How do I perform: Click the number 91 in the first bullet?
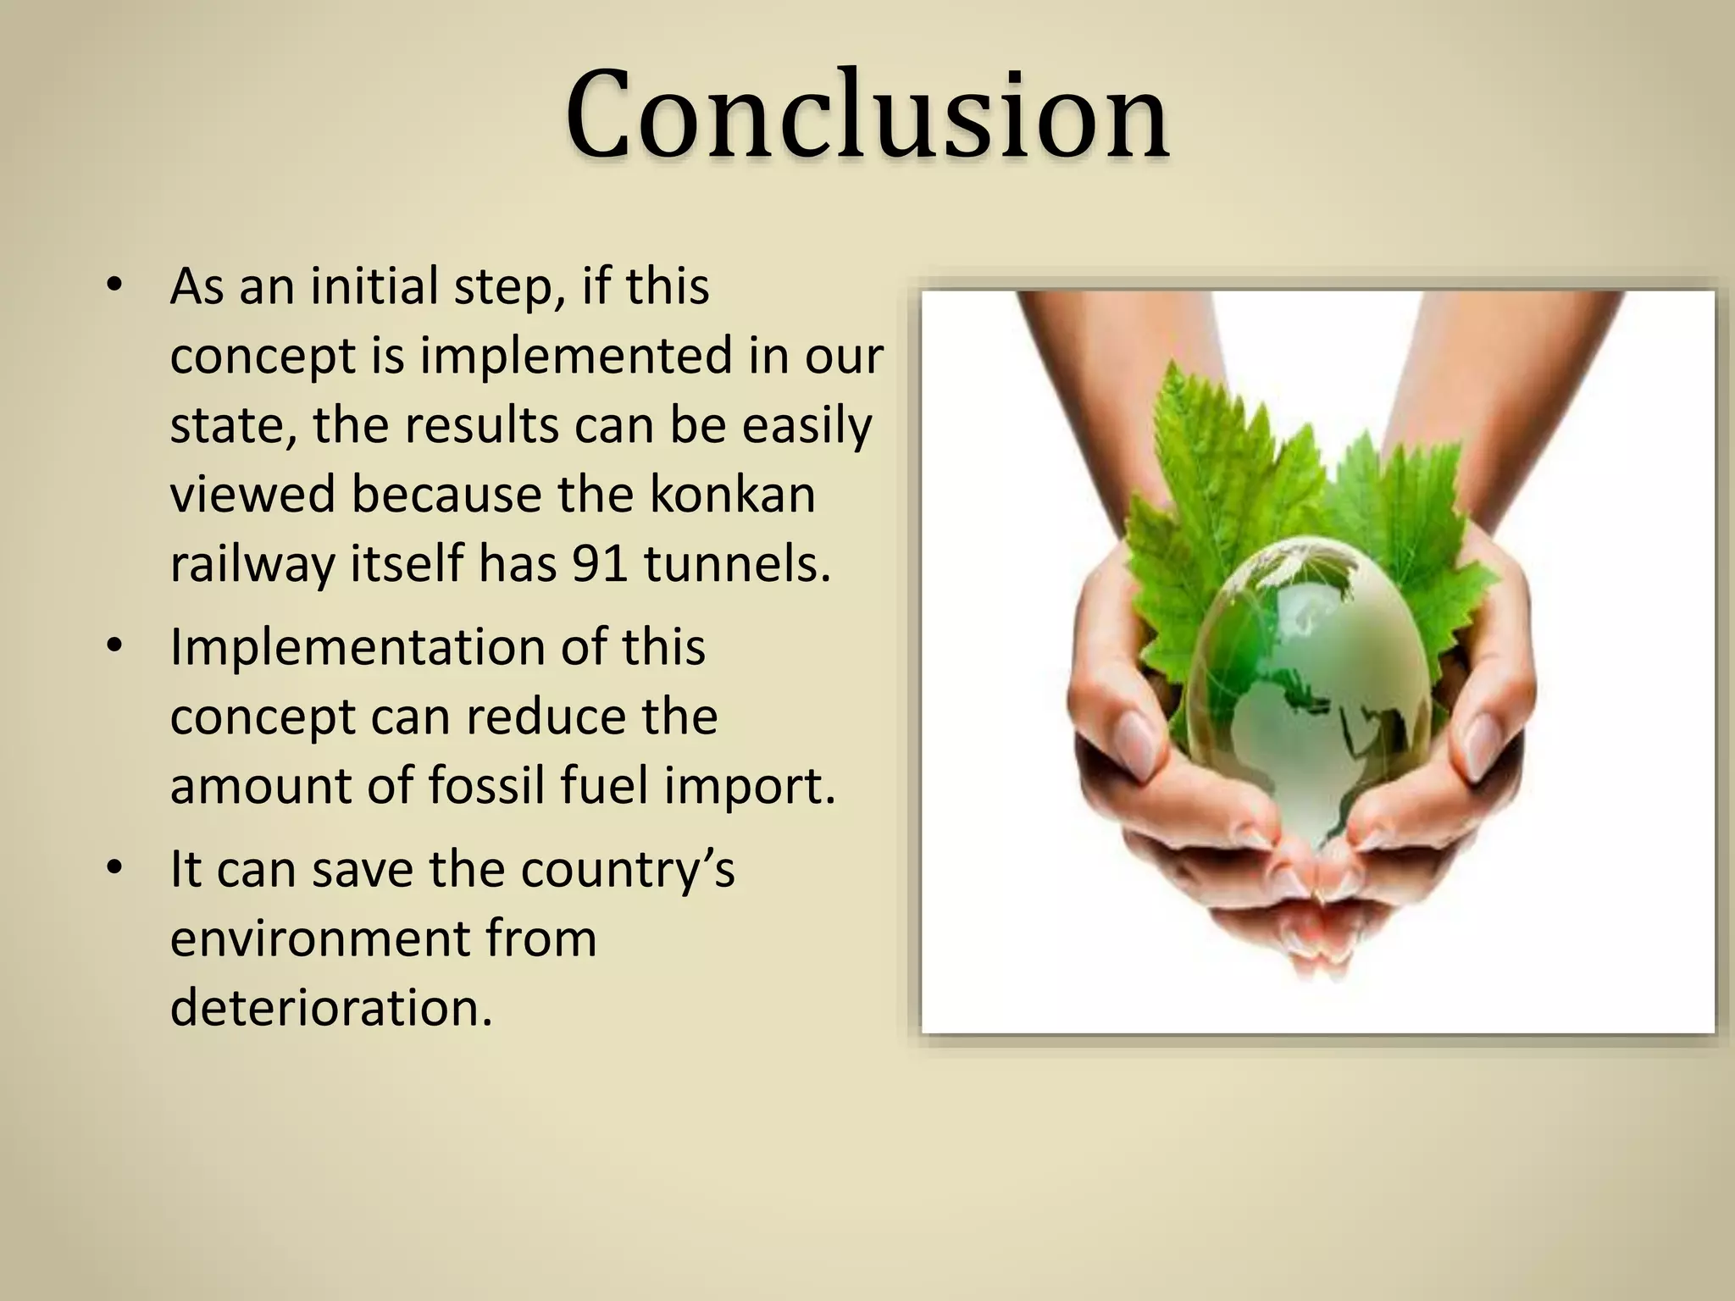599,563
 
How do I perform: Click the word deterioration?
331,1008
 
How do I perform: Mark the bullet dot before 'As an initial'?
116,286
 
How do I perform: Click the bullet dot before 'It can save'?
116,870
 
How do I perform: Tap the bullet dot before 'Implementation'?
116,648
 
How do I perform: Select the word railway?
252,565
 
